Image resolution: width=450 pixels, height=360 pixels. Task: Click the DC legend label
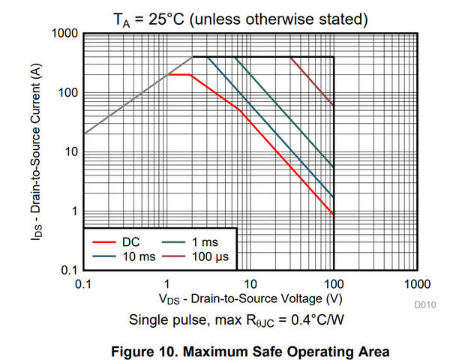(x=130, y=242)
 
